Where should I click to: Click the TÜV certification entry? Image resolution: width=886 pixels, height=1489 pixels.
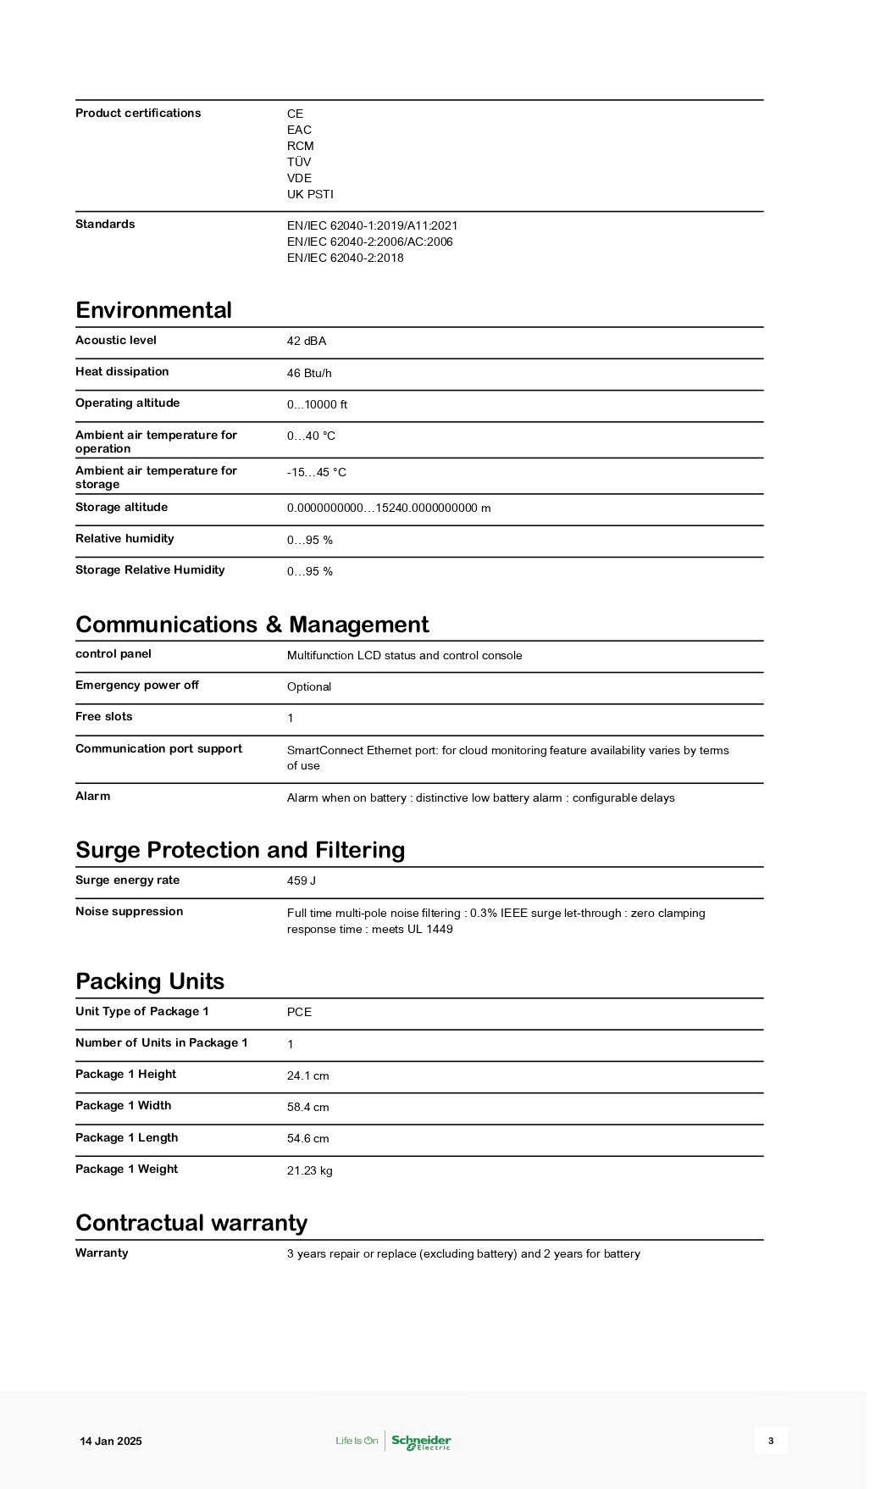tap(299, 162)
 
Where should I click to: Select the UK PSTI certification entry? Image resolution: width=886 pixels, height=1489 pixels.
tap(310, 194)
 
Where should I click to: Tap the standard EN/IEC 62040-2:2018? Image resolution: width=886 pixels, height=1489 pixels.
tap(345, 258)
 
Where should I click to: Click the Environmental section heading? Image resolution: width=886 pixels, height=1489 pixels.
tap(153, 310)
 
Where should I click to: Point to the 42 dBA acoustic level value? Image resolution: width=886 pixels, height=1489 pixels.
tap(307, 341)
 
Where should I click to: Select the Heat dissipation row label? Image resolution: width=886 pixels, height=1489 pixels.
tap(122, 371)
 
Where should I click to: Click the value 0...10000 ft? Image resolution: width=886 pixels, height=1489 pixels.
tap(317, 404)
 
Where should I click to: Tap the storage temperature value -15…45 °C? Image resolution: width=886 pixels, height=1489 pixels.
tap(316, 472)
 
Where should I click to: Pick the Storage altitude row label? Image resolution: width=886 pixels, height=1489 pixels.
tap(121, 507)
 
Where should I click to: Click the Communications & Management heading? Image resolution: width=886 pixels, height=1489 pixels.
tap(252, 625)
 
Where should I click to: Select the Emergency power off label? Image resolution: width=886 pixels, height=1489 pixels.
tap(137, 685)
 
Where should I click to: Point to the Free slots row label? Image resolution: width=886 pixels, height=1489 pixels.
tap(104, 716)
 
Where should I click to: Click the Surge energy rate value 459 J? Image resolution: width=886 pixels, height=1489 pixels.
tap(302, 881)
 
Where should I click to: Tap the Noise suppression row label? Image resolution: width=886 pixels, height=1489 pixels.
tap(129, 911)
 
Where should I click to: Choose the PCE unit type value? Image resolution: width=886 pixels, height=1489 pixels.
tap(299, 1012)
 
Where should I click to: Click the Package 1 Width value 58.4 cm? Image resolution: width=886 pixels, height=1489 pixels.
tap(307, 1107)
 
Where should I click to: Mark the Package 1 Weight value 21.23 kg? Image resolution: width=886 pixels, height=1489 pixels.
tap(309, 1170)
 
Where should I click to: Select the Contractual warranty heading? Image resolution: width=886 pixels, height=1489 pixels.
tap(191, 1223)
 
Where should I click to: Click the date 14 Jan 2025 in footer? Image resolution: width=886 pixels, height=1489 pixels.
tap(111, 1441)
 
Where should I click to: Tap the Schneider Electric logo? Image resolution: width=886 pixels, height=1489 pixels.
tap(421, 1441)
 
